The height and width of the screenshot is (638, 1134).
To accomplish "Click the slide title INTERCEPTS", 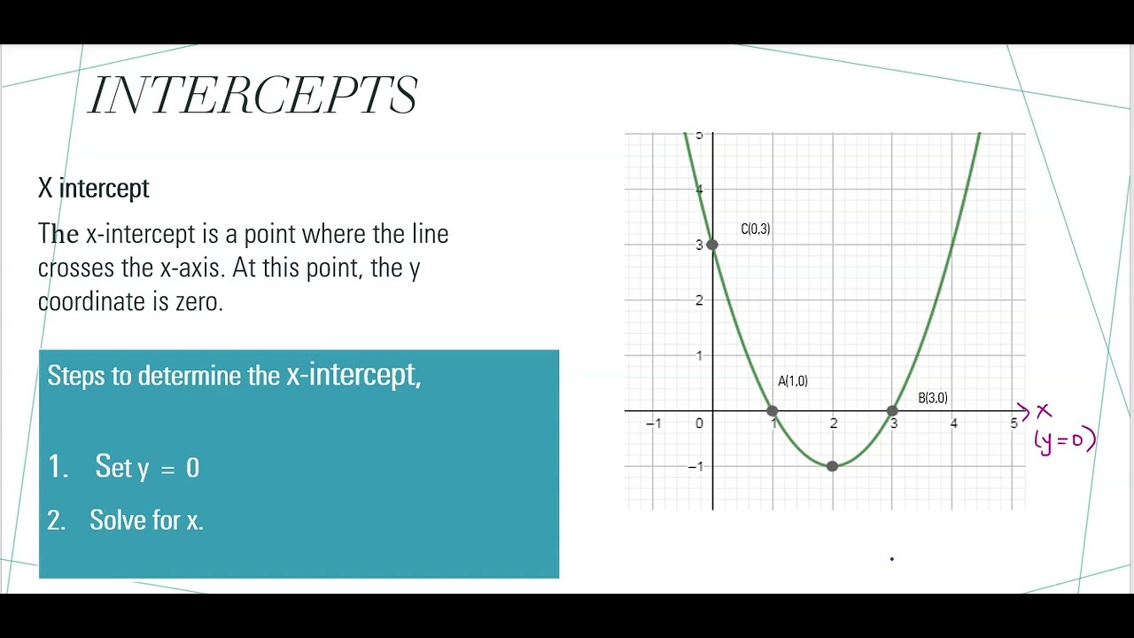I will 253,96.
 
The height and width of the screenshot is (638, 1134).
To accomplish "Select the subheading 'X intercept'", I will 93,188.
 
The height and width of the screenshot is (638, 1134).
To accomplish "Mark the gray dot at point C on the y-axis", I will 712,245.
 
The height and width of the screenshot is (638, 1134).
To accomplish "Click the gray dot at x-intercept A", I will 773,411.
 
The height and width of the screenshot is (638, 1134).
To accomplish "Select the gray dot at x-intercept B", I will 892,411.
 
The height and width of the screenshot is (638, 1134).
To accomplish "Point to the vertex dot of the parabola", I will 832,466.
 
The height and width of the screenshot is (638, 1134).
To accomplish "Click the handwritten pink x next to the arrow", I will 1044,411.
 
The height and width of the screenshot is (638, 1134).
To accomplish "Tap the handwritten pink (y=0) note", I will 1065,440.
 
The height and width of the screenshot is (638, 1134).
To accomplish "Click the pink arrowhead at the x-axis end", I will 1023,411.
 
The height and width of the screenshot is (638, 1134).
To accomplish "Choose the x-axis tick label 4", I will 953,424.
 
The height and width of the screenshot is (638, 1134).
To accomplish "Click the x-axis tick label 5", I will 1014,424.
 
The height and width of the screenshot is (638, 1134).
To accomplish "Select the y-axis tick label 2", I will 699,300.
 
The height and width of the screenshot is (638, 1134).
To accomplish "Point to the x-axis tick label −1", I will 653,424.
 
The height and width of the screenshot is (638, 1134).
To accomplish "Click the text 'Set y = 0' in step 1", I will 147,468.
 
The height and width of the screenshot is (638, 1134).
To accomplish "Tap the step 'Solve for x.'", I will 146,520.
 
